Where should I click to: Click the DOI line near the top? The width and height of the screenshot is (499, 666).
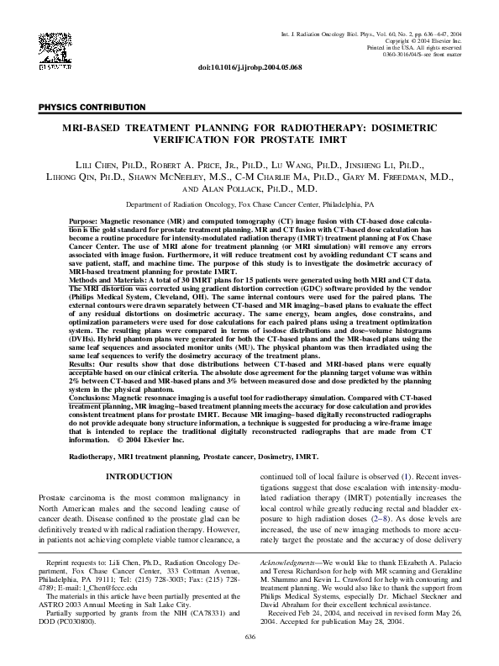249,66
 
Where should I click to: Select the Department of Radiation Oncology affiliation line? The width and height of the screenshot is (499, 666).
249,204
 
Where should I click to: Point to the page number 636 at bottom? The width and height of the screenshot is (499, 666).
249,637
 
